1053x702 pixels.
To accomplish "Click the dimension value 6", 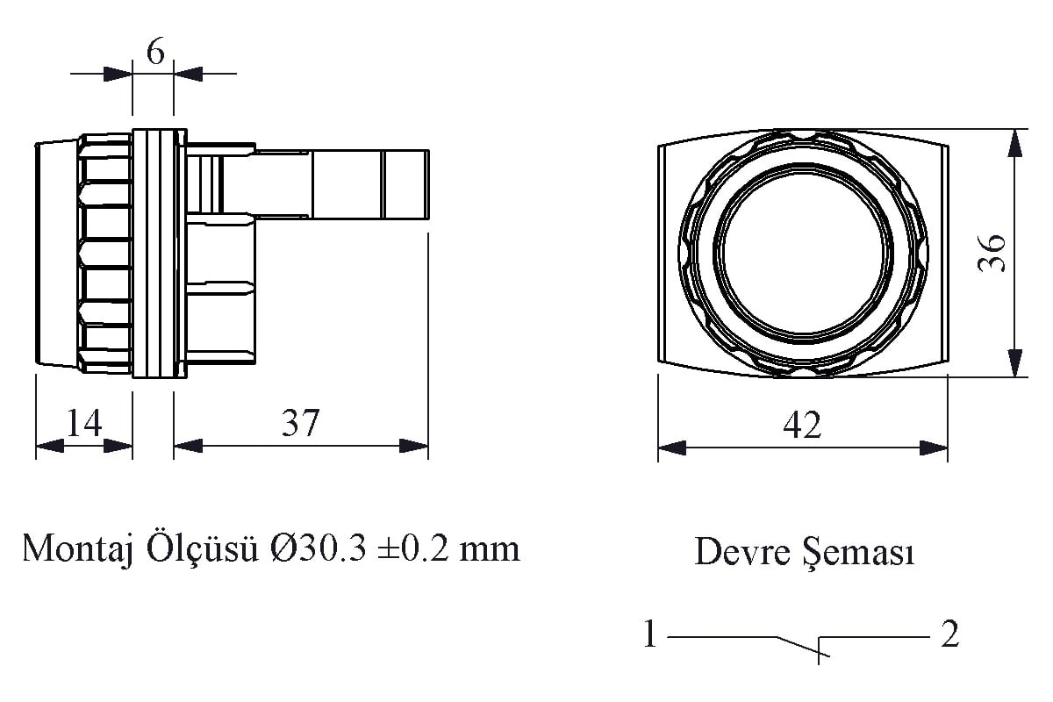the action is point(155,52).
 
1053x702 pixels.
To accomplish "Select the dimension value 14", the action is point(84,423).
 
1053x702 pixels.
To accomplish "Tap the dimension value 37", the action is point(300,423).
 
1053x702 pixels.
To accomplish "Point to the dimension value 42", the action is point(802,425).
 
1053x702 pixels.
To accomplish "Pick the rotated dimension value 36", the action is point(991,253).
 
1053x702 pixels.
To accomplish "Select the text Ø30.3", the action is point(319,548).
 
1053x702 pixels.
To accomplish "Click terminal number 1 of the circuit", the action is point(649,634).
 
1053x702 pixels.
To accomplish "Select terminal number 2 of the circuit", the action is point(950,634).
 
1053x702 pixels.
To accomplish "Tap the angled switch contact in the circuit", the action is point(802,647).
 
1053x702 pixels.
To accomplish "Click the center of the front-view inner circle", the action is point(803,253).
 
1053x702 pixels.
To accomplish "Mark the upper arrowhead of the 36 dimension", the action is point(1015,142).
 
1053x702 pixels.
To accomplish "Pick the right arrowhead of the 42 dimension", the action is point(934,448).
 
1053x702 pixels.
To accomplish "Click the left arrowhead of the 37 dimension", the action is point(188,446).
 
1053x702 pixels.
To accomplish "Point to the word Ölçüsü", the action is point(203,548).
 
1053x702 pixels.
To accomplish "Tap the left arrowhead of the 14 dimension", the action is point(50,446).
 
